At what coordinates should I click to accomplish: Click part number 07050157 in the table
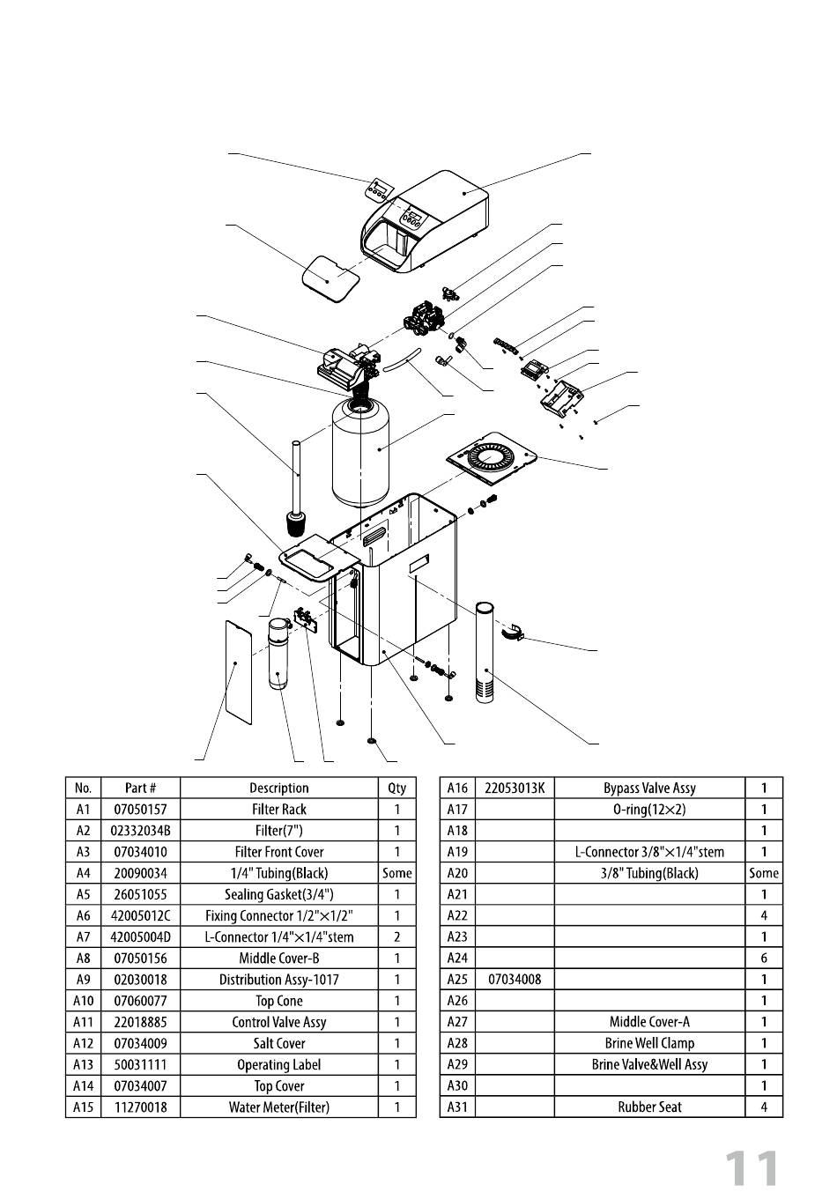click(140, 809)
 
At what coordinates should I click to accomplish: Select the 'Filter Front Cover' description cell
click(278, 852)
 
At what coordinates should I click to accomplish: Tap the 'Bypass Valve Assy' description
click(649, 788)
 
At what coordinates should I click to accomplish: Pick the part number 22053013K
click(515, 788)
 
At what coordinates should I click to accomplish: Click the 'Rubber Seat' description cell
click(649, 1107)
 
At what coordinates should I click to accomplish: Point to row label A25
click(456, 980)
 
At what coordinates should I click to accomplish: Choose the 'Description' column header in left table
click(278, 788)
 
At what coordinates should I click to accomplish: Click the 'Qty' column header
click(396, 788)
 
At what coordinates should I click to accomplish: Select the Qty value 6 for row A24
click(764, 958)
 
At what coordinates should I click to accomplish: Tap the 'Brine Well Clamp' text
click(649, 1043)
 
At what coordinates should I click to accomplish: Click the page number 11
click(752, 1168)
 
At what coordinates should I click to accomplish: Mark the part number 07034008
click(515, 980)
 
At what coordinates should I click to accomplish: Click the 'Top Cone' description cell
click(278, 1001)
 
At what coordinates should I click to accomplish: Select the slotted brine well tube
click(486, 652)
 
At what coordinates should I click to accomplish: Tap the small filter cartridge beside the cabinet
click(278, 655)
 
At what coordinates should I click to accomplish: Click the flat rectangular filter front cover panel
click(235, 667)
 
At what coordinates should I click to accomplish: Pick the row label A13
click(83, 1064)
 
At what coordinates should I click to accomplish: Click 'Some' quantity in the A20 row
click(764, 873)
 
